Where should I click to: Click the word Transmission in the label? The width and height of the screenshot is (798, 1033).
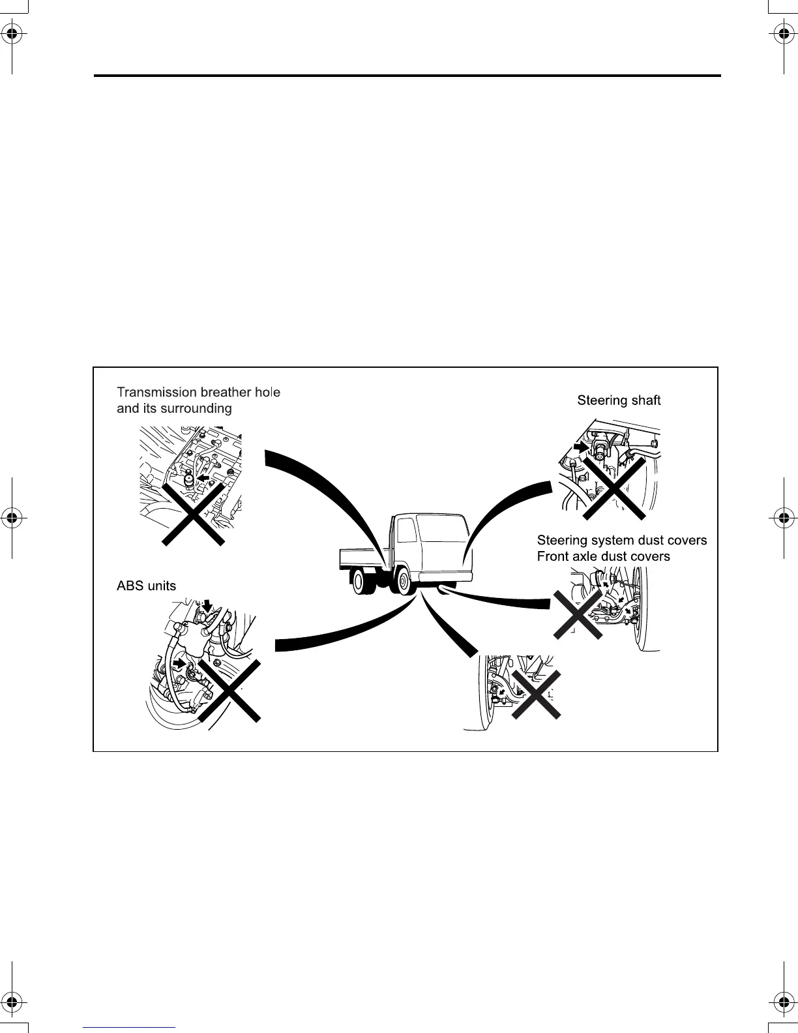pos(148,392)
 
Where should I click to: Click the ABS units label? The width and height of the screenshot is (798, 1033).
pos(146,586)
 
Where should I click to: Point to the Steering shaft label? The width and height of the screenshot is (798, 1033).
pos(619,400)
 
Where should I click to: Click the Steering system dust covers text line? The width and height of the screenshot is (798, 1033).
pos(621,540)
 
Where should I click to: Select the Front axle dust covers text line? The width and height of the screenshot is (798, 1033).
pos(603,556)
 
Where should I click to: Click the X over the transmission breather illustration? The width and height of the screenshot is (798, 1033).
pos(193,513)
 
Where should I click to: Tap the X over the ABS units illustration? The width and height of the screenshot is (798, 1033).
pos(229,690)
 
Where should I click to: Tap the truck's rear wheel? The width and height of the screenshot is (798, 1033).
pos(361,580)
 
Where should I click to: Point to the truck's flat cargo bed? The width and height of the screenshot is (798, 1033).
pos(362,555)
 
